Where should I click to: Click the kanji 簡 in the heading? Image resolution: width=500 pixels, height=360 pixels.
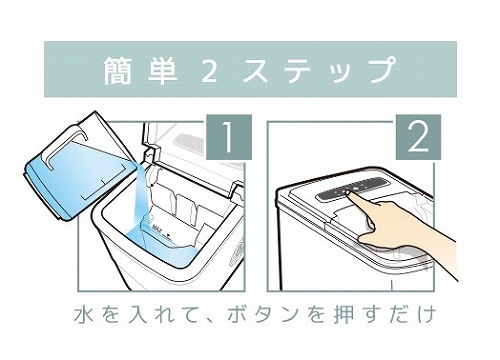(117, 70)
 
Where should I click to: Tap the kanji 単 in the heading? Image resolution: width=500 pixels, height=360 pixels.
(162, 70)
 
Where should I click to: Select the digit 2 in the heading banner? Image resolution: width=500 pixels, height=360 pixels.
(209, 71)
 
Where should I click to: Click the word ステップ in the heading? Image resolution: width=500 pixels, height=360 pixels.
(318, 70)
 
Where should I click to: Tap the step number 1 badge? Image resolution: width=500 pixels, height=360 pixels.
(229, 137)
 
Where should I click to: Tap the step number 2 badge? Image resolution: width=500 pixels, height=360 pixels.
(418, 137)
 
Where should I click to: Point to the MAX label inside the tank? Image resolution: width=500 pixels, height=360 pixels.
(157, 229)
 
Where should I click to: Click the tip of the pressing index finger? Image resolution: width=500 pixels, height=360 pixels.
(348, 192)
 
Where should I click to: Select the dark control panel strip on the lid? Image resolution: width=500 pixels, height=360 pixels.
(353, 189)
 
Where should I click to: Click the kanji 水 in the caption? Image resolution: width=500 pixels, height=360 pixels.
(83, 315)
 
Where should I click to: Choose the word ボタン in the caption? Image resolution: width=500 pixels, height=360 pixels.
(262, 315)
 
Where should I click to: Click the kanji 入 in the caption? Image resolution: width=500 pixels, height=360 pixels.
(137, 315)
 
